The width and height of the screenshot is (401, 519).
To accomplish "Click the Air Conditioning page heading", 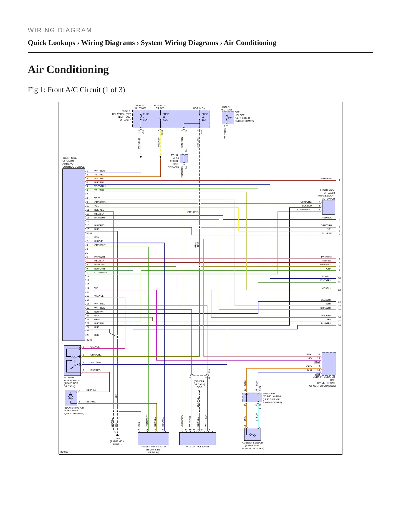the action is tap(68, 69).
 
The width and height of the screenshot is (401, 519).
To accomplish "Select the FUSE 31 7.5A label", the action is tap(165, 117).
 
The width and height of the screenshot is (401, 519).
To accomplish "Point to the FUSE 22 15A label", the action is tap(205, 117).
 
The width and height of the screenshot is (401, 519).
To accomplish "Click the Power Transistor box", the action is tap(153, 439).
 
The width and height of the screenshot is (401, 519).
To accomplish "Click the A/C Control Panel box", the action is tap(198, 439).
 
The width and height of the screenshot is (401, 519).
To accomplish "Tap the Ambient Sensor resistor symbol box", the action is tap(253, 434).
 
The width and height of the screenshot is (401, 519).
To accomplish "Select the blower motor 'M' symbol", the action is tap(70, 398).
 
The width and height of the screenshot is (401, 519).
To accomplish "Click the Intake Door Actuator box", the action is tap(328, 207).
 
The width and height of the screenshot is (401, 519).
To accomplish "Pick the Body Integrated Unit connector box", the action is tap(329, 364).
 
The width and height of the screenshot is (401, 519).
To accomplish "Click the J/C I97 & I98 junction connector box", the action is tap(184, 159).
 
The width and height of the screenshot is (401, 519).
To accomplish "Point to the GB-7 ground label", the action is tap(117, 439).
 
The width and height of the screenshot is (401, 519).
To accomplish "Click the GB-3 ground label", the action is tap(200, 387).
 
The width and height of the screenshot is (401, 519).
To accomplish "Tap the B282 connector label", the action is tap(89, 233).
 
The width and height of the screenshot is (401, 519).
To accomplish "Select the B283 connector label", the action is tap(89, 340).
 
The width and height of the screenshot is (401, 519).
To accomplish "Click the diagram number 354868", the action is tap(64, 452).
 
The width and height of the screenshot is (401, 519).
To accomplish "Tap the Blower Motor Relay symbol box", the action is tap(72, 361).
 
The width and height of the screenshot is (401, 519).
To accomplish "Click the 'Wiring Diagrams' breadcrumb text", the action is tap(108, 43).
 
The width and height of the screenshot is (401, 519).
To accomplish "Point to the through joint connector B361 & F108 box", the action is tap(252, 397).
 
